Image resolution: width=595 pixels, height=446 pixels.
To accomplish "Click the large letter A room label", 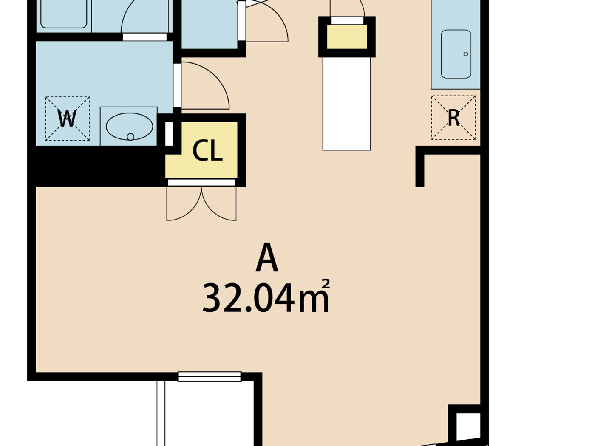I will click(x=267, y=258).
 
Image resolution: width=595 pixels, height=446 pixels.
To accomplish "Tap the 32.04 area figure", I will click(x=249, y=298).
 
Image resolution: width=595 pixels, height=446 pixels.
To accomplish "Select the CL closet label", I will click(x=207, y=150).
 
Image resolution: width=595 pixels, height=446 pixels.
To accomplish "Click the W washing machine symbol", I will click(x=67, y=119).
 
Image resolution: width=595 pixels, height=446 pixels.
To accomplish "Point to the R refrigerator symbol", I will click(x=453, y=118).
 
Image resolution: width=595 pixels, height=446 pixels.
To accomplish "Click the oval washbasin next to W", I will click(x=129, y=126).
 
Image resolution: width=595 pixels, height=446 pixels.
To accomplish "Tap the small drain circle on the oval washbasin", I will click(x=130, y=137).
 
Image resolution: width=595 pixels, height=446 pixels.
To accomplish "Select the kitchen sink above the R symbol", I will click(x=456, y=54).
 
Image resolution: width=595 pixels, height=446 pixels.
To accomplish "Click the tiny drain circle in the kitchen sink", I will click(x=466, y=54).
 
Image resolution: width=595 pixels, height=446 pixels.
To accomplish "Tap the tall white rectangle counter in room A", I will click(x=346, y=104).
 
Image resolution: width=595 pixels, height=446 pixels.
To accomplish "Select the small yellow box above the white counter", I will click(x=347, y=37).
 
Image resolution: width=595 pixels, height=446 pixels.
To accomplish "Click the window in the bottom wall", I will click(x=210, y=376).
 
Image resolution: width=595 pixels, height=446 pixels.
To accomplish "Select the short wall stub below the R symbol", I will click(x=420, y=168).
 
